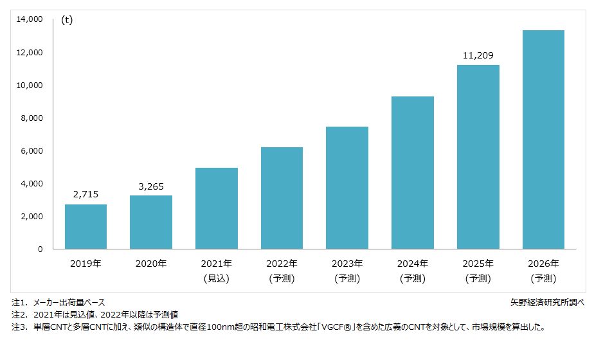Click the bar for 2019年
tap(85, 226)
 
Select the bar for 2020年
tap(151, 222)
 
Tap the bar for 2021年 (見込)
tap(216, 208)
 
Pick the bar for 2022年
tap(282, 198)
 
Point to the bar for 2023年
tap(347, 188)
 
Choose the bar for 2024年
tap(413, 172)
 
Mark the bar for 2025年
tap(478, 157)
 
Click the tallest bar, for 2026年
tap(543, 139)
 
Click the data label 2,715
tap(85, 194)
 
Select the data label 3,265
tap(151, 186)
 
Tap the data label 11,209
tap(478, 55)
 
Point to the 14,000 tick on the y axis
tap(29, 20)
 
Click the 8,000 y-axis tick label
tap(31, 118)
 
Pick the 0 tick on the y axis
tap(40, 249)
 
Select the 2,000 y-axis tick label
tap(31, 217)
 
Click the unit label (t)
tap(67, 20)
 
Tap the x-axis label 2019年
tap(85, 264)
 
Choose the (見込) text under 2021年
tap(216, 278)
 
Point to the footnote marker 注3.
tap(19, 327)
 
